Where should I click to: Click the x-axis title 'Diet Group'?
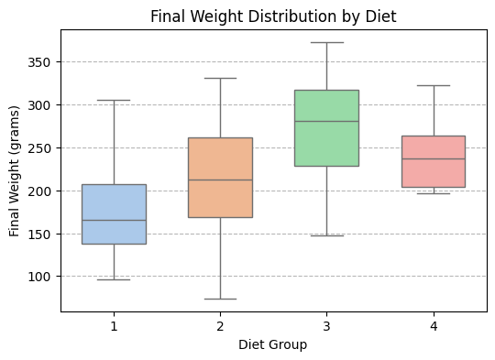(273, 345)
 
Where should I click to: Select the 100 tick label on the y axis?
(42, 277)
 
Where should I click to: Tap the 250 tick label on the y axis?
(42, 148)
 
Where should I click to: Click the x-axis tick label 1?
(114, 325)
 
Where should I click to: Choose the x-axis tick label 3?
(326, 325)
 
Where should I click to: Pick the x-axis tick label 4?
(434, 325)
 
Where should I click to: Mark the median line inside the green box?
(326, 121)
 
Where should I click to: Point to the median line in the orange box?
(220, 180)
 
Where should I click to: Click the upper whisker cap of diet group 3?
(326, 42)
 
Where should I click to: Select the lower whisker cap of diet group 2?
(220, 299)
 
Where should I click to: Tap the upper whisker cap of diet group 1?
(114, 100)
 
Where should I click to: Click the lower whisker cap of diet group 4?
(434, 193)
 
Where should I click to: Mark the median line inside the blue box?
(114, 220)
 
